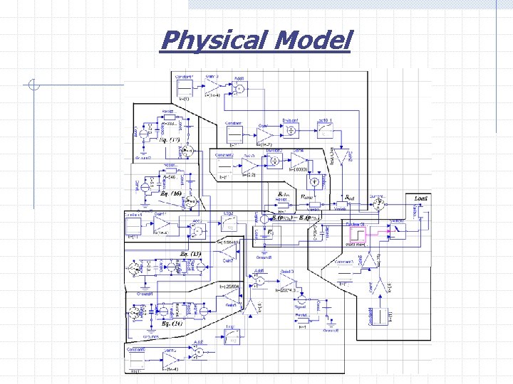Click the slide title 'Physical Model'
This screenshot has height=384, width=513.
[256, 41]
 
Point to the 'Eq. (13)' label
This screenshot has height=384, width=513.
[190, 254]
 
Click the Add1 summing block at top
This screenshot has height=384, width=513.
[239, 89]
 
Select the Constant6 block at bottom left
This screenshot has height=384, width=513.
[136, 362]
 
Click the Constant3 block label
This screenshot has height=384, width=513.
[346, 262]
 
